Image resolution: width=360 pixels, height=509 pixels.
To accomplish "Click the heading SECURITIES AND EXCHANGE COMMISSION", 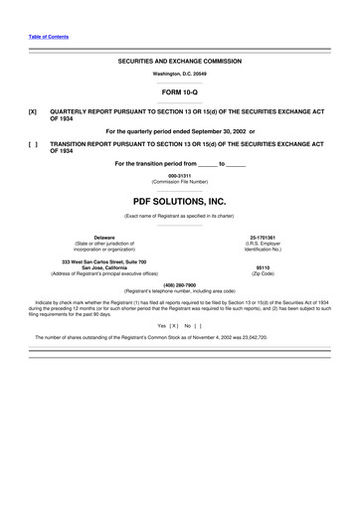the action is click(x=180, y=61).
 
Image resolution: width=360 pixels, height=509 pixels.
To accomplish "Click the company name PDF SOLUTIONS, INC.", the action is click(x=180, y=200).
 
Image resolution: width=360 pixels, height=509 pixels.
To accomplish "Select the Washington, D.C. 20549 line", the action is click(x=180, y=75).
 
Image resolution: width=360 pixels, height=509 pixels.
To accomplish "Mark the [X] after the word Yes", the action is click(x=173, y=324).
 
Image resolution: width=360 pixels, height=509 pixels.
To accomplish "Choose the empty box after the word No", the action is click(x=198, y=324).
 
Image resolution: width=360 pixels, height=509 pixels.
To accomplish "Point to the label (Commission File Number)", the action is click(x=180, y=183).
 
